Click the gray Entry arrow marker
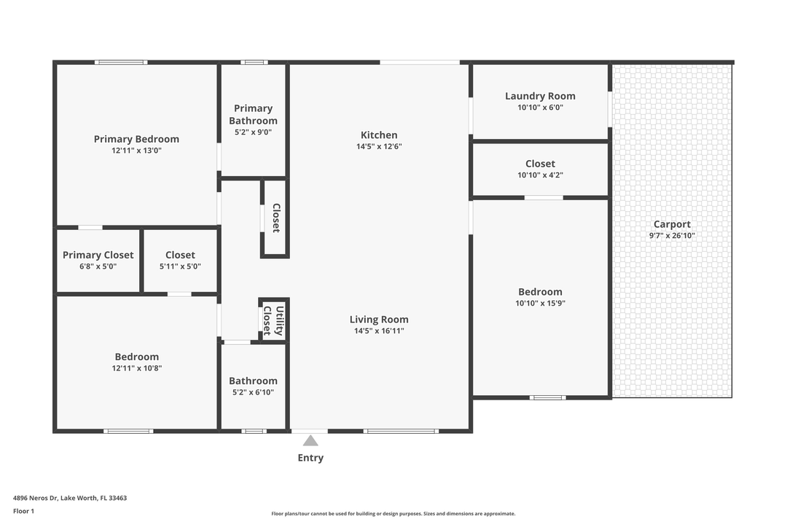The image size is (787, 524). [310, 441]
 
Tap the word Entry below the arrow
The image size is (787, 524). [310, 458]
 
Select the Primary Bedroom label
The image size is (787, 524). [136, 139]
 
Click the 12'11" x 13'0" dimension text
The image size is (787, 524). [136, 151]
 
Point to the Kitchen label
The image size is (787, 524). [379, 135]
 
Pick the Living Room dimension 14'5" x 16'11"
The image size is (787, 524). [379, 331]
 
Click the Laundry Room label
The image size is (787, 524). [540, 96]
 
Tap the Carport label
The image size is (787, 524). [672, 224]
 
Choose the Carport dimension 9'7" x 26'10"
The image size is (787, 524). [672, 236]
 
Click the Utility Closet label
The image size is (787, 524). [273, 320]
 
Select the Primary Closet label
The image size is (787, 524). [98, 255]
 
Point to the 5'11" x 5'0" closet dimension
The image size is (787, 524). [180, 267]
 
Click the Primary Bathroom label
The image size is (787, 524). [253, 114]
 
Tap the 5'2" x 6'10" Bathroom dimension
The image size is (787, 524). [253, 392]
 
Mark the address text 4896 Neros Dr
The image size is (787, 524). [36, 498]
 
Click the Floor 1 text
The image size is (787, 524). [23, 512]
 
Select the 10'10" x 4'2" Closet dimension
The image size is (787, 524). [541, 175]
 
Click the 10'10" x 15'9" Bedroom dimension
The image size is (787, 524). [541, 303]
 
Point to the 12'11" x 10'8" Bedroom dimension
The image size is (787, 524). [137, 368]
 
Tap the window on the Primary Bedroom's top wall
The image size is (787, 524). [121, 63]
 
